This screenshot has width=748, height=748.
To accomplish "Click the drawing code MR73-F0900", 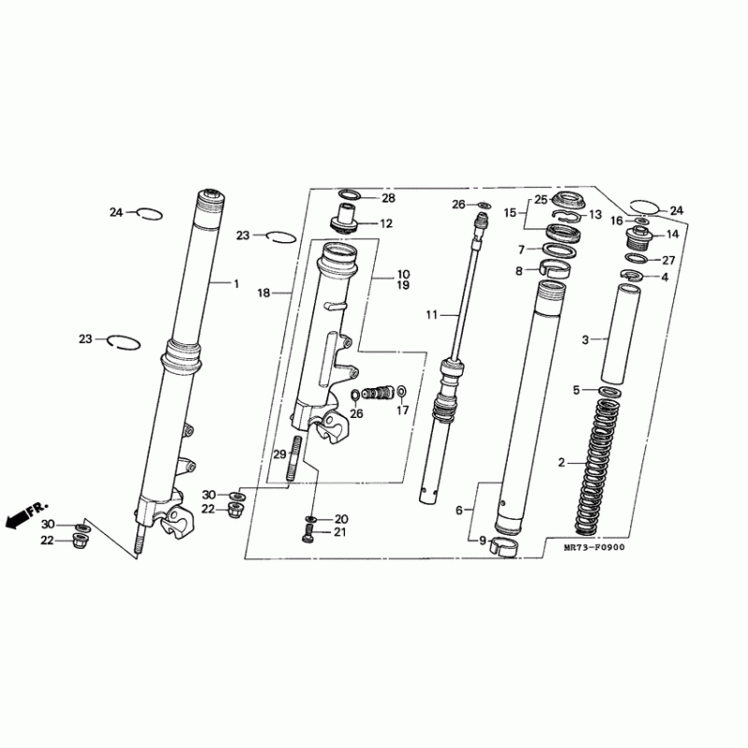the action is click(594, 547).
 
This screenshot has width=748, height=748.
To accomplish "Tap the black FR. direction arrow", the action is click(18, 518).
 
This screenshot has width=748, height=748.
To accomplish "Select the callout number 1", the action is click(237, 284).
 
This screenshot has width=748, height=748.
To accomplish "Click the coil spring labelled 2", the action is click(596, 467).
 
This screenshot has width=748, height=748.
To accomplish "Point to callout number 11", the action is click(432, 315).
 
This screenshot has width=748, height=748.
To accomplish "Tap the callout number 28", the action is click(389, 198).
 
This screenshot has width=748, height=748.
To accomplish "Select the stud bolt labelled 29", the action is click(294, 459).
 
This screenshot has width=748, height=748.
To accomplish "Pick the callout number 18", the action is click(264, 293).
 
